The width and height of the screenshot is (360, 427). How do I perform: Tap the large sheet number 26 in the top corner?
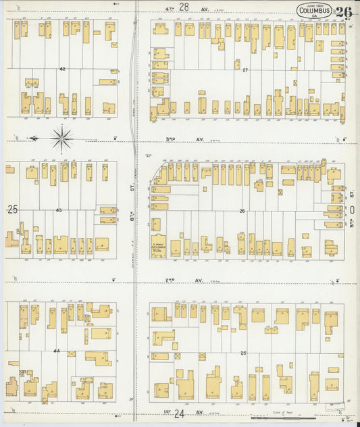[x=343, y=11]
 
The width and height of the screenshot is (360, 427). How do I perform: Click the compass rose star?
[x=61, y=138]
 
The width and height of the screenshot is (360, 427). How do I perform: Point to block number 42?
[x=62, y=70]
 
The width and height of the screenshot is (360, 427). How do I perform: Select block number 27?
[x=246, y=70]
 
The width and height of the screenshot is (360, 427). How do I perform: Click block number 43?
[x=59, y=210]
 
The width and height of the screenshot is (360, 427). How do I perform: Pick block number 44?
[x=57, y=351]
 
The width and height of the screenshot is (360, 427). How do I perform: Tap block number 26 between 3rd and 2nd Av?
[x=241, y=211]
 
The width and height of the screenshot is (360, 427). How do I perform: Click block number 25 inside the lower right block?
[x=243, y=353]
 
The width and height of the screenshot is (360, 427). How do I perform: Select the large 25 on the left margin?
[x=12, y=210]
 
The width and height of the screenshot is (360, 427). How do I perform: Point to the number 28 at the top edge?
[x=183, y=6]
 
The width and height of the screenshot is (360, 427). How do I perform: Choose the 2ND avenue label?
[x=172, y=280]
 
